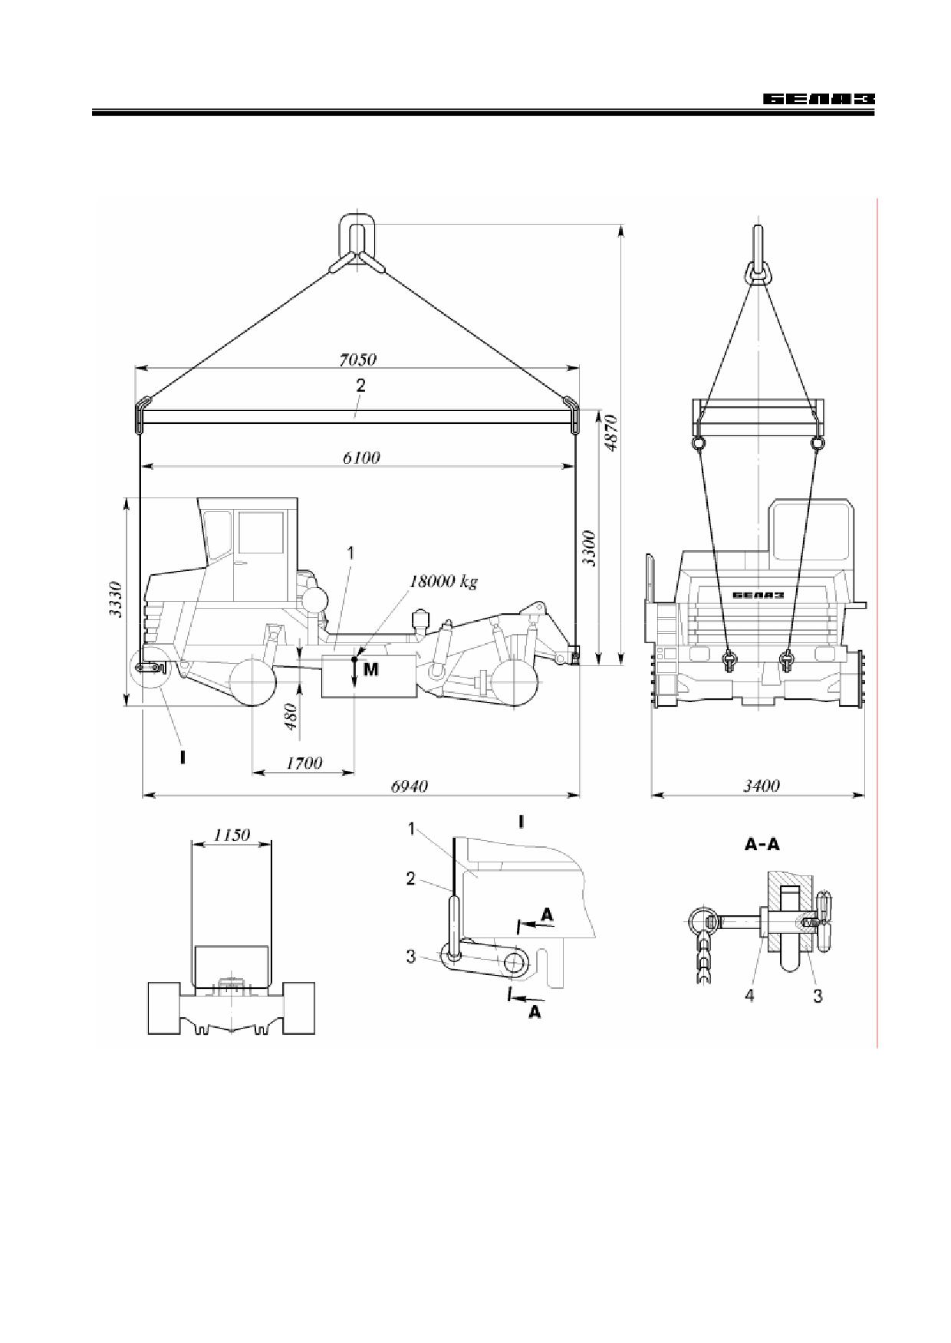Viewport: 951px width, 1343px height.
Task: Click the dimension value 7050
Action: [358, 359]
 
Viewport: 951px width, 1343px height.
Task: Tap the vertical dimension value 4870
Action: [610, 433]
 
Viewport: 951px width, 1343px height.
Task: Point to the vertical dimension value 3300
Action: [588, 548]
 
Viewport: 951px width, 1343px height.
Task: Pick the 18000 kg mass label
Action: [443, 581]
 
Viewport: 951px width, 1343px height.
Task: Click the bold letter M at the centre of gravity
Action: [370, 669]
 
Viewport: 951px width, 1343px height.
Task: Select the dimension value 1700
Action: [304, 763]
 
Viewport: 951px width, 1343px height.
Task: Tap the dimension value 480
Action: [291, 717]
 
